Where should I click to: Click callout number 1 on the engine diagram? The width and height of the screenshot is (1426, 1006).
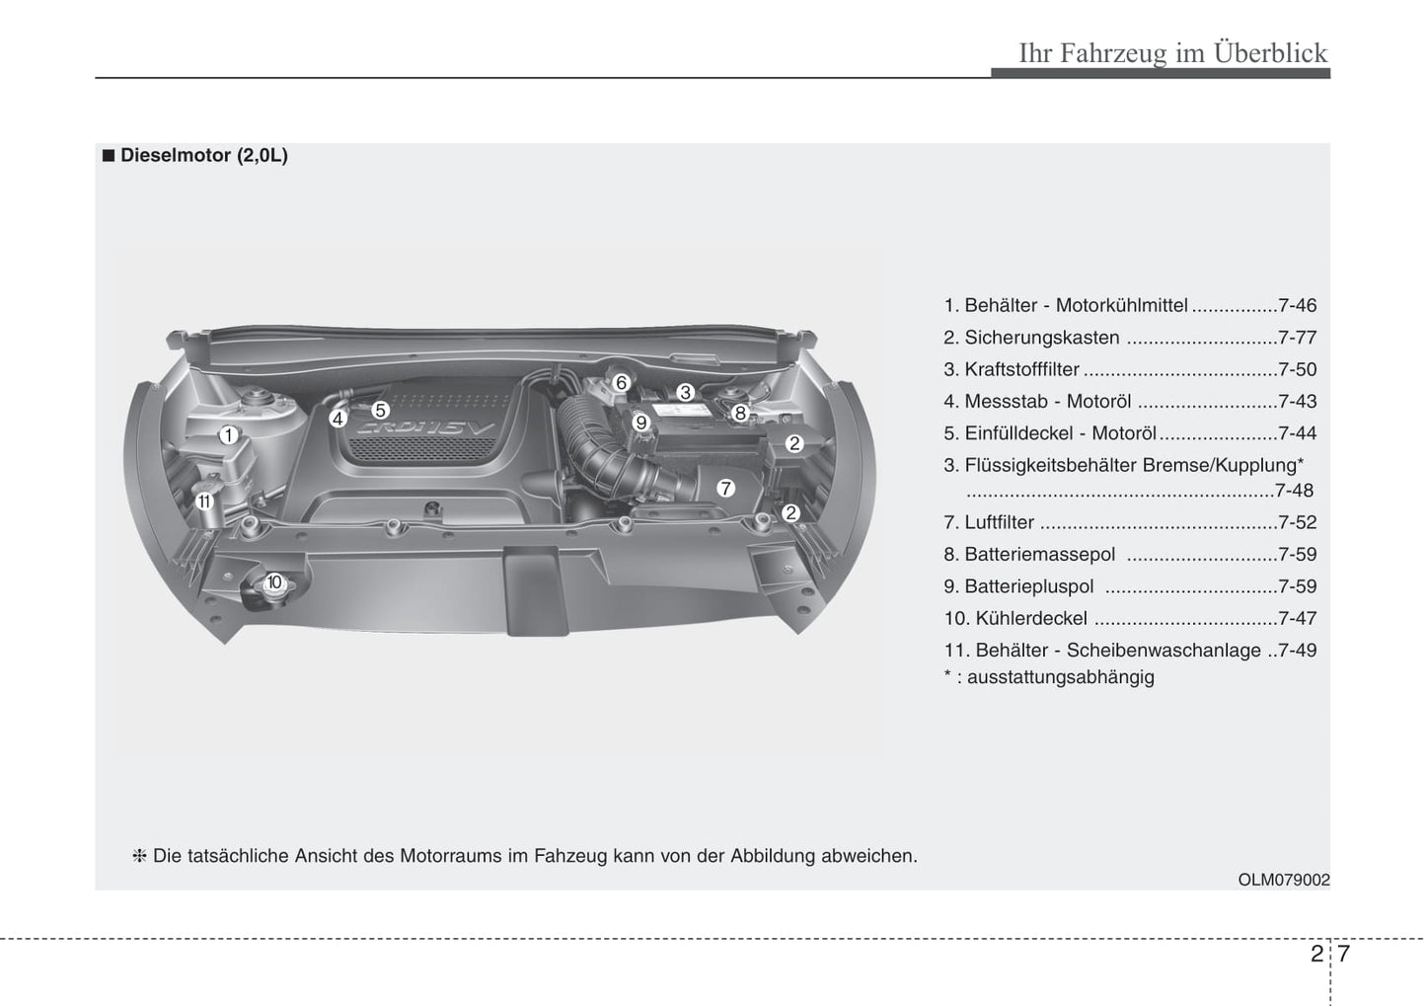228,435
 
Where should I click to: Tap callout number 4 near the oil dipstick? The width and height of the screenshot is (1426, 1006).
338,419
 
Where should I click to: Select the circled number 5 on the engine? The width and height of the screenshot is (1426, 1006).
380,410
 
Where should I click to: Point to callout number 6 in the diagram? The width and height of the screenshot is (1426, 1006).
621,383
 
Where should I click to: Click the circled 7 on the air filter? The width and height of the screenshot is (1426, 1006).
725,488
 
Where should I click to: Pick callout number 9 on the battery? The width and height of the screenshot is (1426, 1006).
640,424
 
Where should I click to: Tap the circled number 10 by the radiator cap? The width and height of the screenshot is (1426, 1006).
273,582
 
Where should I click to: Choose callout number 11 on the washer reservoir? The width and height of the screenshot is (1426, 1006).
204,502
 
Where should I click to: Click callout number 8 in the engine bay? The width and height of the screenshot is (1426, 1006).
740,414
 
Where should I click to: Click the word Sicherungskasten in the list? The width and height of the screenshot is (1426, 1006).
1041,338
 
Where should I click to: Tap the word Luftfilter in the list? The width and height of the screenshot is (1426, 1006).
999,523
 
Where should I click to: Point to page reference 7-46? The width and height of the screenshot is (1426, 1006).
1297,306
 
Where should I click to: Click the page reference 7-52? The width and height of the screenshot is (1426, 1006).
1297,523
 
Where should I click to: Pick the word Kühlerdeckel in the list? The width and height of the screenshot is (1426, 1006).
1030,619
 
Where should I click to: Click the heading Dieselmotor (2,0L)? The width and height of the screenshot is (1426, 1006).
203,156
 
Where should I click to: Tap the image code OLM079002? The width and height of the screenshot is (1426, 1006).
1284,880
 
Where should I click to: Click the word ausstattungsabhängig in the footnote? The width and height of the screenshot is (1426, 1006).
1060,677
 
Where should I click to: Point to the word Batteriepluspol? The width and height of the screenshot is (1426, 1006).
1028,586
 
